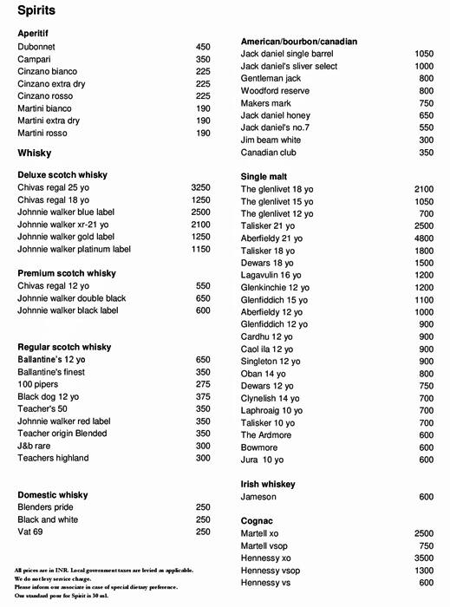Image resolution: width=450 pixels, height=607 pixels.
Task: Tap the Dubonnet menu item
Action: (38, 47)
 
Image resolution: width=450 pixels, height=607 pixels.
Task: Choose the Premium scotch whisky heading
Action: (67, 273)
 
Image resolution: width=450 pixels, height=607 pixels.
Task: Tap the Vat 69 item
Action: (32, 532)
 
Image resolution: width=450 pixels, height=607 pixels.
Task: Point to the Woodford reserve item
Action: (276, 90)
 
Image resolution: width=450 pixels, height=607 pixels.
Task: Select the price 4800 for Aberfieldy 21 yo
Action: (423, 238)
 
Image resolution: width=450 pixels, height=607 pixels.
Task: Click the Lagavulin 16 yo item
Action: (271, 275)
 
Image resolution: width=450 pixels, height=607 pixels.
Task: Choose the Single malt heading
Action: (264, 176)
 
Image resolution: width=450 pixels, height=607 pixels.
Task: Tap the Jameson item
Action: (258, 497)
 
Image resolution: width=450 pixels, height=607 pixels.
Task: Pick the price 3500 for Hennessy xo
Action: (423, 558)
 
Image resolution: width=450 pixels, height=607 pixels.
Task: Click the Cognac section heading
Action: (258, 520)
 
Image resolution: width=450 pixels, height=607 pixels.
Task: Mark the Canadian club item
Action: (268, 153)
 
